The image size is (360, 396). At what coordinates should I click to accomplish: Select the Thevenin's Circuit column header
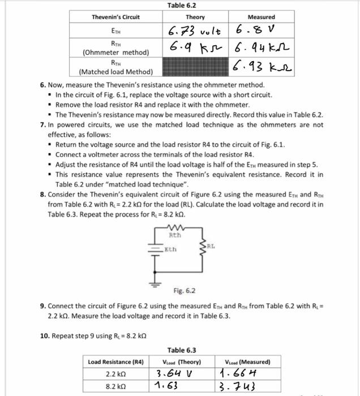click(115, 17)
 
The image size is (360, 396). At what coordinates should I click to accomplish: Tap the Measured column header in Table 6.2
click(262, 17)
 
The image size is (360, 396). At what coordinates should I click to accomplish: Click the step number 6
click(43, 85)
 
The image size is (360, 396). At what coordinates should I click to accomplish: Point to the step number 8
click(43, 193)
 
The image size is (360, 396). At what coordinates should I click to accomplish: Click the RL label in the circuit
click(211, 247)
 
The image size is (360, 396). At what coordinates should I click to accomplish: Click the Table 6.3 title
click(182, 350)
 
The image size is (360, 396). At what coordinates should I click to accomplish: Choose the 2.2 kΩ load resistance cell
click(116, 374)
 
